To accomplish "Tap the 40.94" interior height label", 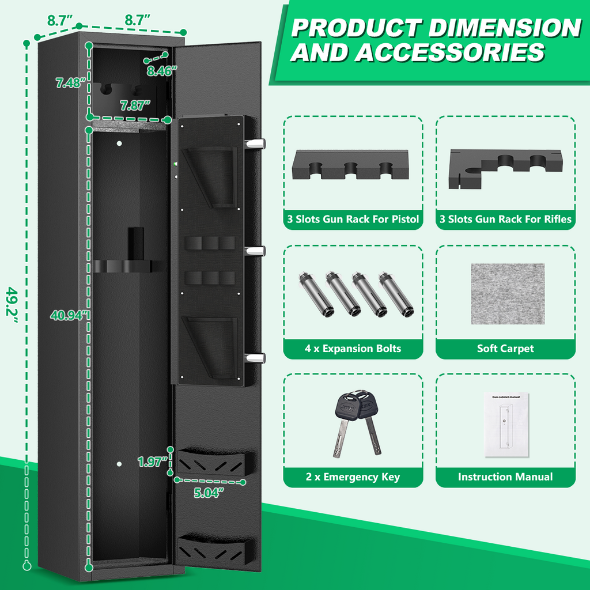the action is (69, 315).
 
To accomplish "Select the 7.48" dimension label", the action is (69, 83).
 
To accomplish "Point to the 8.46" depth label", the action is (162, 71).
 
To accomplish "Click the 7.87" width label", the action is (135, 106).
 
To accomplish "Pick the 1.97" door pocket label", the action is (152, 462).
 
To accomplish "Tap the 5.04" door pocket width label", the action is (209, 493).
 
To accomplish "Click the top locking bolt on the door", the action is (255, 143).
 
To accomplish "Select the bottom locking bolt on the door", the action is (255, 358).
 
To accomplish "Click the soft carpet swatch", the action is (508, 294).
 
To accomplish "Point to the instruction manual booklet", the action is (506, 425).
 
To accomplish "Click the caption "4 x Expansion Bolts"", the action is (353, 349).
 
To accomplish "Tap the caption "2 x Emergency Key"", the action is (353, 477).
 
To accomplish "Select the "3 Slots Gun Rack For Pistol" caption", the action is (353, 219).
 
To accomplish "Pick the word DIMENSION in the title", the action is (505, 28).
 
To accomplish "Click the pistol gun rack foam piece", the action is (350, 164).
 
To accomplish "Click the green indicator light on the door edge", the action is (175, 164).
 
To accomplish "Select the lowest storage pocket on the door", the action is (215, 550).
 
